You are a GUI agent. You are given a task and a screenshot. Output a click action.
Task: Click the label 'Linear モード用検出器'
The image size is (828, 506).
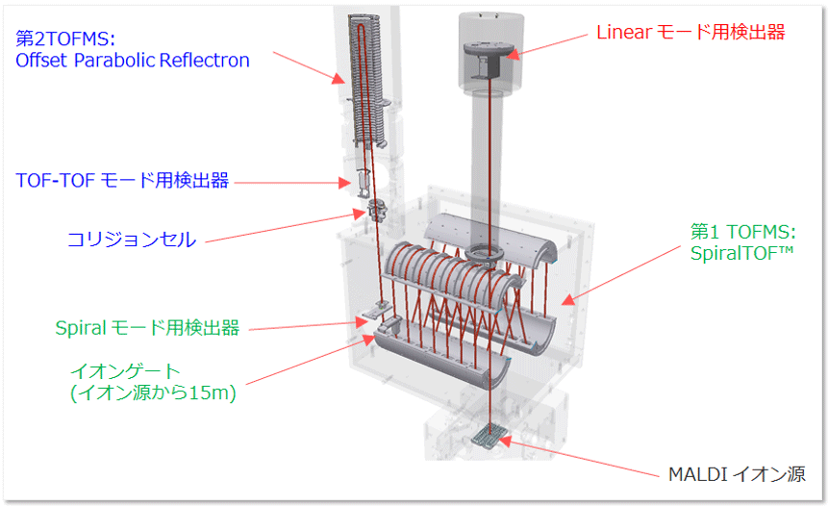pyautogui.click(x=690, y=33)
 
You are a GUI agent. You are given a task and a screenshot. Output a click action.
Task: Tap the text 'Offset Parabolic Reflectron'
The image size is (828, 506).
pyautogui.click(x=133, y=61)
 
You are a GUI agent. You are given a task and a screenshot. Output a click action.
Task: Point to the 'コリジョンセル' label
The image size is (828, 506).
pyautogui.click(x=131, y=240)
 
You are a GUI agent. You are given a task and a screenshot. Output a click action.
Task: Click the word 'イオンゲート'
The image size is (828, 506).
pyautogui.click(x=125, y=370)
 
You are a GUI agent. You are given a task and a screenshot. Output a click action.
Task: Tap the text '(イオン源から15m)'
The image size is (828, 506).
pyautogui.click(x=152, y=393)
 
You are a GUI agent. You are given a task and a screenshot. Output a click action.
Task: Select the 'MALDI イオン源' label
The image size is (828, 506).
pyautogui.click(x=735, y=474)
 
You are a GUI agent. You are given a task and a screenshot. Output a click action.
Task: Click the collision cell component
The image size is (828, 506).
pyautogui.click(x=371, y=208)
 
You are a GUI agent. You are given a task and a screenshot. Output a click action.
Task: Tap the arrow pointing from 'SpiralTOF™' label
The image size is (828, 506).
pyautogui.click(x=615, y=280)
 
